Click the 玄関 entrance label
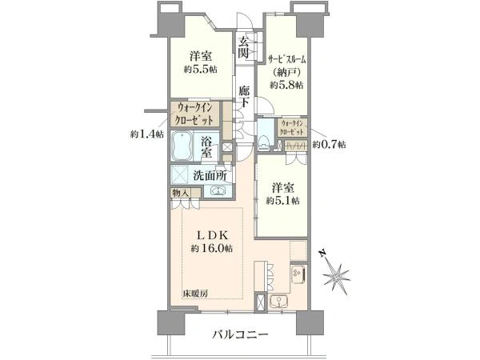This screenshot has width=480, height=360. pos(244,47)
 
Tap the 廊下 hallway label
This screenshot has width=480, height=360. pos(244,97)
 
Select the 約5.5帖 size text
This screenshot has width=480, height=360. pos(201,70)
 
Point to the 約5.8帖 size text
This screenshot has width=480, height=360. pos(286,85)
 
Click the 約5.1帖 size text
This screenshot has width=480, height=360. pos(282,201)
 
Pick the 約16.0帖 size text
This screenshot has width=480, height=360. pos(212,248)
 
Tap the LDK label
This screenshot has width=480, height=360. pos(212,235)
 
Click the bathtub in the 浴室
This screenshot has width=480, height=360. pos(182,146)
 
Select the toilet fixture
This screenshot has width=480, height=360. pos(263,142)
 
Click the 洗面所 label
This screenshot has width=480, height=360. pos(210,176)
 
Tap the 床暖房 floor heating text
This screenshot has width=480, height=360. pos(196,294)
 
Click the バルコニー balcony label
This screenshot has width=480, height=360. pos(240,334)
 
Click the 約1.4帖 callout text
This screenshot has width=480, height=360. pos(146,134)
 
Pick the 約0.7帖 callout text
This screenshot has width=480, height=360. pos(329,145)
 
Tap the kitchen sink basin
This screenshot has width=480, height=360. pos(278,301)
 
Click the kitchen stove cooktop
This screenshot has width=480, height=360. pos(298,274)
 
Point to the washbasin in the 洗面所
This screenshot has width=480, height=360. pos(218,191)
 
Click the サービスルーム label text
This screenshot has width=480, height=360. pos(287,59)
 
